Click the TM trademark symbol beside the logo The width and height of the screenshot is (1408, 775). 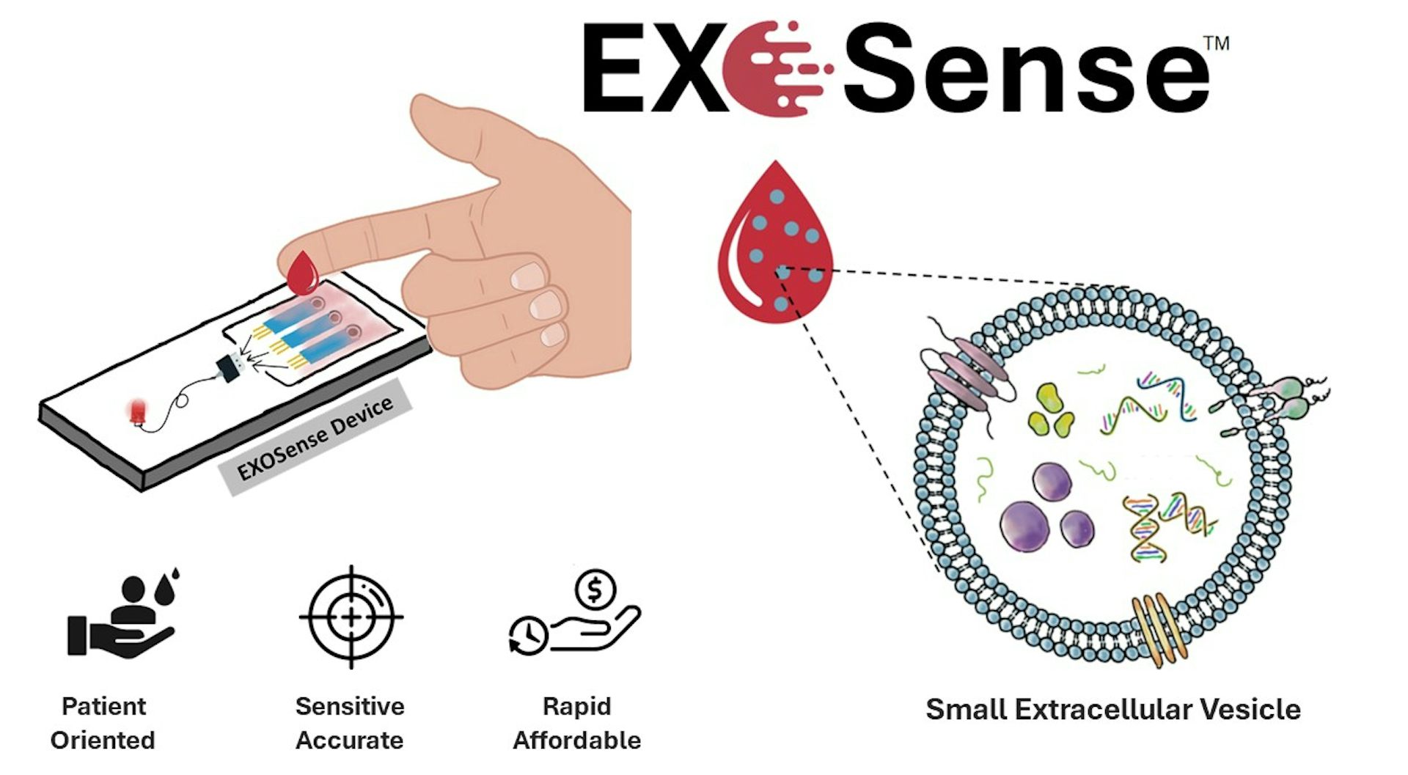coord(1217,43)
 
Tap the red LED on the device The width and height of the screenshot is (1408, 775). coord(137,411)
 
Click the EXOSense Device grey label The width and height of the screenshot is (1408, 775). coord(316,439)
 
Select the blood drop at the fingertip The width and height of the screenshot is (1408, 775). coord(302,273)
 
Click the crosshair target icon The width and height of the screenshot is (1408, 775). coord(351,617)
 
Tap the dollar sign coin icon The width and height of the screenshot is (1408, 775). coord(595,589)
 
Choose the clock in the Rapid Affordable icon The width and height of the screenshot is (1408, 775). coord(528,635)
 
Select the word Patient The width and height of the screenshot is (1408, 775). coord(104,706)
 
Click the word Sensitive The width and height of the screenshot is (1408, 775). coord(350,706)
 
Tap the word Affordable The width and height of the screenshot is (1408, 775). coord(576,740)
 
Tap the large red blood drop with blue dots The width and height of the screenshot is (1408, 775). coord(775,246)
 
